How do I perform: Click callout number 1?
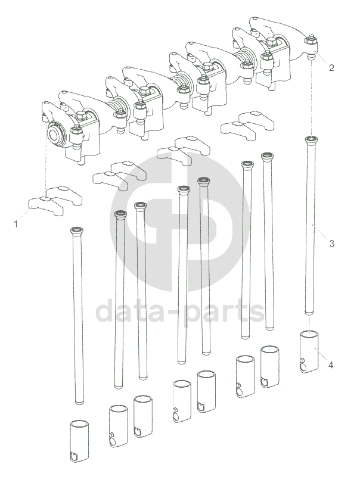(15, 224)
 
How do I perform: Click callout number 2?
(331, 67)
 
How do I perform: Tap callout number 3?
(331, 244)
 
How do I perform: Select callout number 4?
(330, 365)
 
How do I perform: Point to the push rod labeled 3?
(310, 226)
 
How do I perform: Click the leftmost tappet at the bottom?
(79, 441)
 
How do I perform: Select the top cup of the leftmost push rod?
(76, 230)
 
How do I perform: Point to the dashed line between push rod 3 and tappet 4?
(309, 323)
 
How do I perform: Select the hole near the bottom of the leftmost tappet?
(75, 457)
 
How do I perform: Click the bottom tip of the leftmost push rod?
(79, 402)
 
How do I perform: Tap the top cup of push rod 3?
(311, 139)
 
